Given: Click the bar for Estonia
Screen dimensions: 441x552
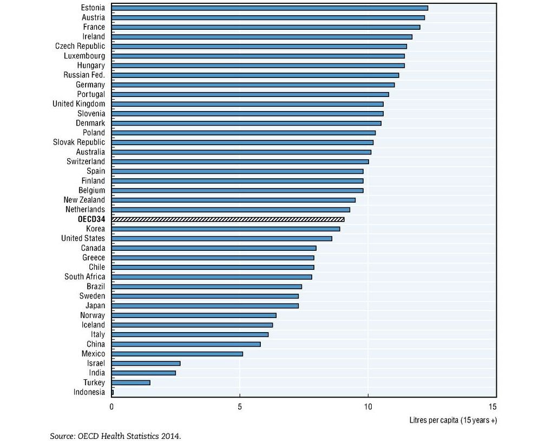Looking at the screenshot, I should pos(270,8).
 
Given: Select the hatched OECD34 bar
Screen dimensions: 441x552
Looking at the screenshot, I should pos(228,219).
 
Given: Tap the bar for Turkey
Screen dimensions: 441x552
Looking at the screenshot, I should pos(131,382).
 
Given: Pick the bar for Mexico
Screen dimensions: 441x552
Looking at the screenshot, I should pos(178,354).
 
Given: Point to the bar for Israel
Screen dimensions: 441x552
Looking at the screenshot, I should pos(146,364).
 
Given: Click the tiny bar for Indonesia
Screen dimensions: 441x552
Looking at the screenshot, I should pos(113,392).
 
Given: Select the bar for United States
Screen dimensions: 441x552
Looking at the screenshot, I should pos(222,238).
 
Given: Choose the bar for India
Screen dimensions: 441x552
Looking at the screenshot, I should pos(144,373).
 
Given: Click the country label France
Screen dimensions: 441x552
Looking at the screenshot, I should pos(94,27).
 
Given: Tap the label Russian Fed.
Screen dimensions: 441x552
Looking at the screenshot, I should pos(84,75).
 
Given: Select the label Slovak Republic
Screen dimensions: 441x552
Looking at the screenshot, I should pos(79,142).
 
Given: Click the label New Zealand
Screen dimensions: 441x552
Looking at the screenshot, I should pos(84,200).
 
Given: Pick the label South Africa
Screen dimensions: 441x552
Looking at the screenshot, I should pos(85,277).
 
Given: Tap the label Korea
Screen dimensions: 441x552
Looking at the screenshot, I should pos(95,229).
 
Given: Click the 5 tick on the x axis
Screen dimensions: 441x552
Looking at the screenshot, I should pos(240,407).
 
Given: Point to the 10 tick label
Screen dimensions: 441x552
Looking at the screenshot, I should pos(368,407).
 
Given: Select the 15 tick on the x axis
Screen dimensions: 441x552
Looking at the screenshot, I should pos(492,407).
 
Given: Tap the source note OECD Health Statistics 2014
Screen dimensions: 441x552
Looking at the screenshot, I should pos(115,436).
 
